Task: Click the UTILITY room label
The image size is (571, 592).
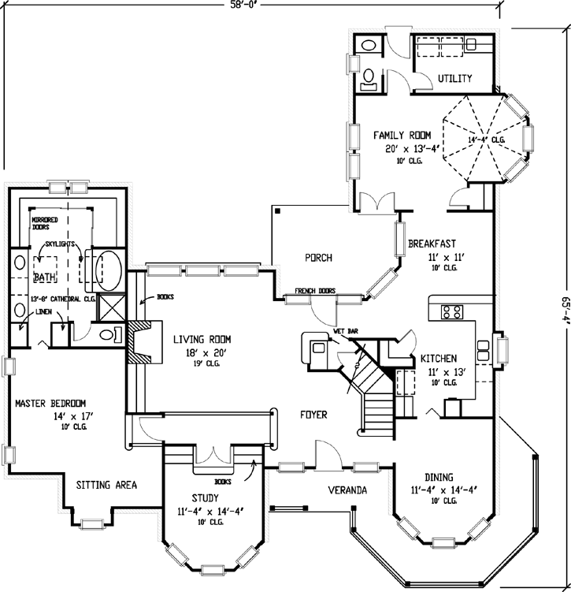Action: [x=454, y=78]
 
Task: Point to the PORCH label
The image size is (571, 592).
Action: [x=318, y=258]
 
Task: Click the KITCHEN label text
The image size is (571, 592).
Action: [x=439, y=358]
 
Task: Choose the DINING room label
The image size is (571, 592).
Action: [x=439, y=477]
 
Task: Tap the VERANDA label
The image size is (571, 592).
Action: [x=347, y=490]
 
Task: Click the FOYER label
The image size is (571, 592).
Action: [x=313, y=415]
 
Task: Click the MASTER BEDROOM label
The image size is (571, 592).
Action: [x=50, y=404]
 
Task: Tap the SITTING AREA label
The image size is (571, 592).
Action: [x=106, y=485]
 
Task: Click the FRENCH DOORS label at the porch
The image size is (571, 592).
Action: [x=315, y=292]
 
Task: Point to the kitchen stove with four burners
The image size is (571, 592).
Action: [x=453, y=311]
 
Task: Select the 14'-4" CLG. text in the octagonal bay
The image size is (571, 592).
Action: [x=487, y=140]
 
